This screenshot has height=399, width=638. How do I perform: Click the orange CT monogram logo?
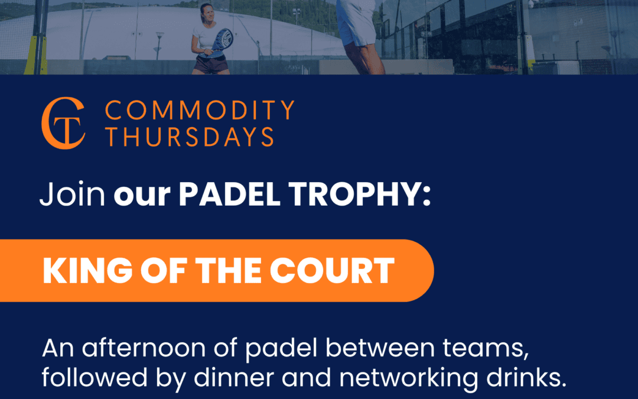63,123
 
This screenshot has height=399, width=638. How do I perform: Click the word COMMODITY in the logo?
200,110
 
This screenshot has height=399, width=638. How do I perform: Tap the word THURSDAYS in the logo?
190,137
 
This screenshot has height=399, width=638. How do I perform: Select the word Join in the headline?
73,194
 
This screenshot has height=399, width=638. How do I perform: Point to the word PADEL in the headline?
229,194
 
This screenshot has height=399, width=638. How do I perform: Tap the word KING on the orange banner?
88,270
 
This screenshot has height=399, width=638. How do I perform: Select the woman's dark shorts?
211,64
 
